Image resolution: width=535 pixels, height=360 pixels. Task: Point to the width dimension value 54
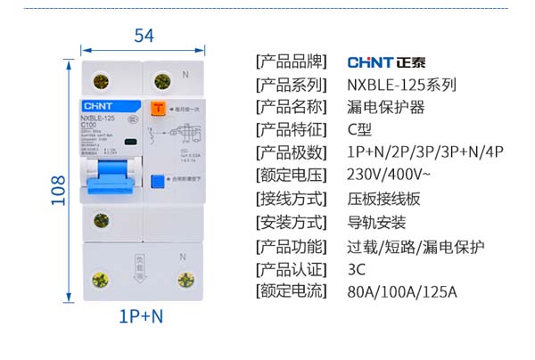point(144,36)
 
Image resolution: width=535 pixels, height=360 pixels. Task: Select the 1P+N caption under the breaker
point(141,315)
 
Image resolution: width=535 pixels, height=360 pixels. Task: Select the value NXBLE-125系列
point(401,86)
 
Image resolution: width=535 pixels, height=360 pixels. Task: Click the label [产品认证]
point(290,268)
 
